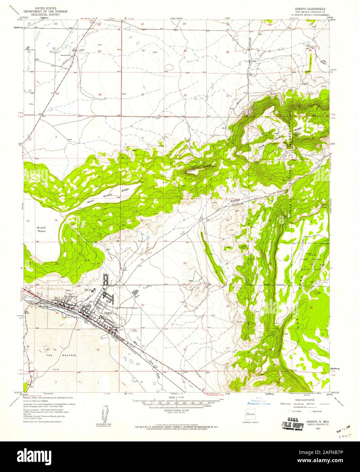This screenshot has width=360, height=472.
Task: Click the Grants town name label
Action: pyautogui.click(x=108, y=312)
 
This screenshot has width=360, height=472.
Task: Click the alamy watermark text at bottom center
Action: pyautogui.click(x=180, y=457)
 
